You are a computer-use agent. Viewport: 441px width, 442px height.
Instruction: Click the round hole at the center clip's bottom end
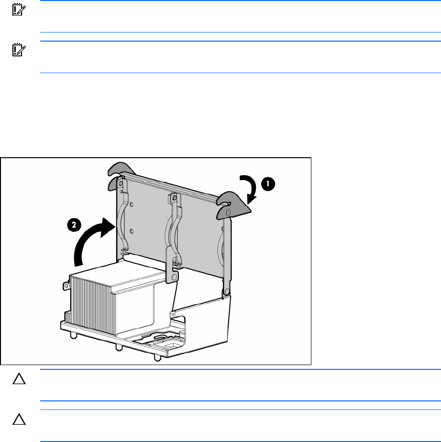tap(174, 276)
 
